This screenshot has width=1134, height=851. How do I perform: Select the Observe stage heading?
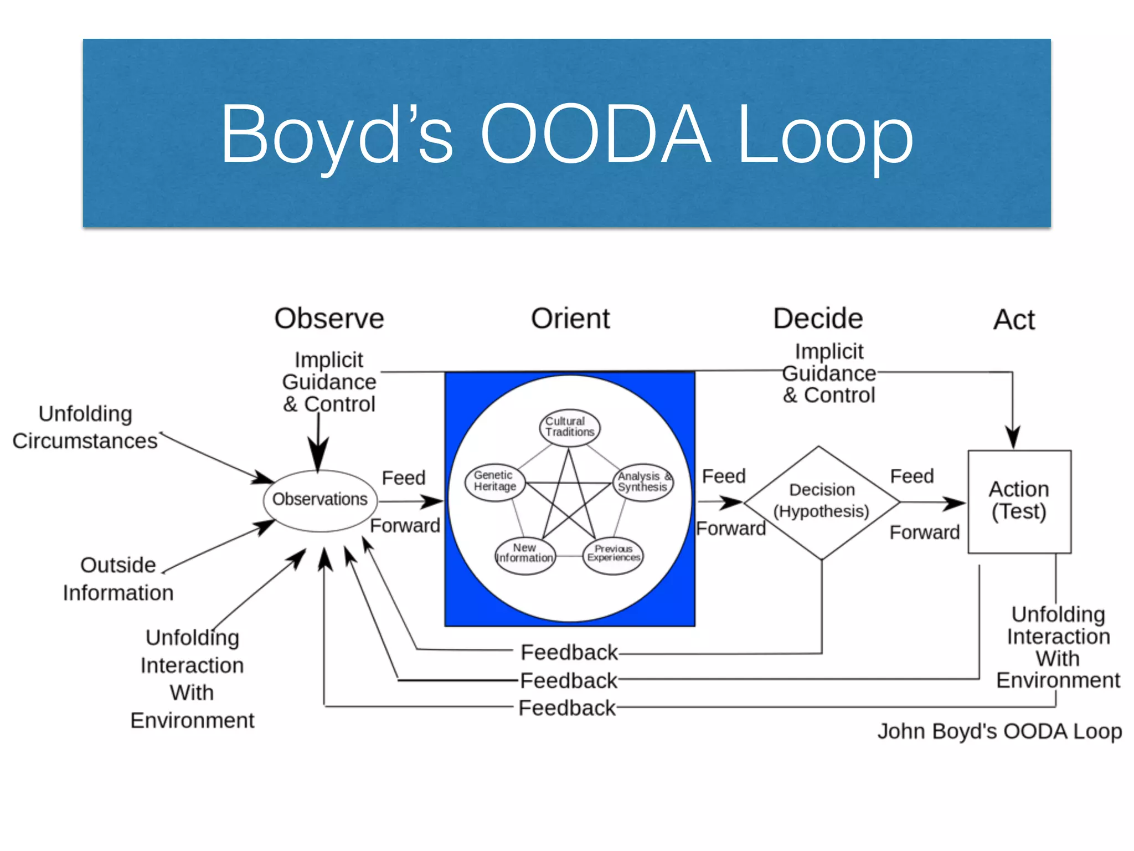click(x=329, y=319)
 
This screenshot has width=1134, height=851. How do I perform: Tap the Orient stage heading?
click(x=570, y=319)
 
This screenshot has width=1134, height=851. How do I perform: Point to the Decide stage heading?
click(x=818, y=319)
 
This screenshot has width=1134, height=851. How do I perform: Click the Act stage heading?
click(x=1013, y=320)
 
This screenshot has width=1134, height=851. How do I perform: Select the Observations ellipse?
click(x=320, y=500)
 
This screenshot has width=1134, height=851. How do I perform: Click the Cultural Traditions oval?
click(x=570, y=427)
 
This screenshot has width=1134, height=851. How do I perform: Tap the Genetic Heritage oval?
click(x=494, y=481)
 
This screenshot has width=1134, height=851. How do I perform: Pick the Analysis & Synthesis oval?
click(x=643, y=482)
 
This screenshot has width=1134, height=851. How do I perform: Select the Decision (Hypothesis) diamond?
click(x=821, y=501)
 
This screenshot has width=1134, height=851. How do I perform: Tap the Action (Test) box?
click(x=1019, y=501)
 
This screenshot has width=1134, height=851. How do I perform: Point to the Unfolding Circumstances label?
click(x=85, y=427)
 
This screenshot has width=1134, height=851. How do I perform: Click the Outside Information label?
click(x=118, y=578)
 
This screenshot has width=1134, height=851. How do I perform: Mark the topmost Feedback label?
click(x=569, y=653)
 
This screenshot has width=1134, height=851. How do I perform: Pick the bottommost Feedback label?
click(x=566, y=708)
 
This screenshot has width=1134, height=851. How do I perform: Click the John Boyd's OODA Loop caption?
click(x=999, y=731)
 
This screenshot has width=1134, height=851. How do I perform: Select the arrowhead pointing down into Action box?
click(x=1013, y=438)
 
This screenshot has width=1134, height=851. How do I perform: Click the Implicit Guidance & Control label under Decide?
click(x=829, y=373)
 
